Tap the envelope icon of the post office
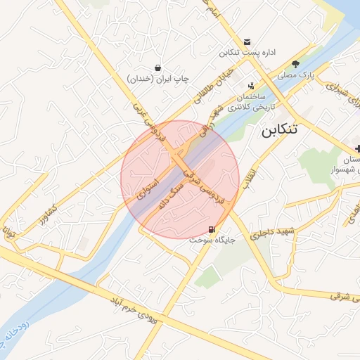click(x=247, y=42)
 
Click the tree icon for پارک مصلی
click(x=296, y=63)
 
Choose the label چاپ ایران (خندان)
click(x=159, y=79)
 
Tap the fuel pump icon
click(x=212, y=229)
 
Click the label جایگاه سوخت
click(x=212, y=240)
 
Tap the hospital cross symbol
click(x=358, y=148)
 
